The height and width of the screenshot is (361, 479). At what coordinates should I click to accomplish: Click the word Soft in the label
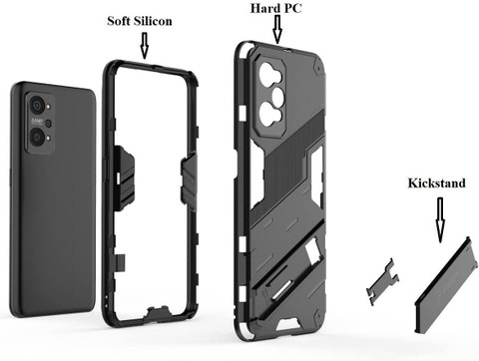[118, 21]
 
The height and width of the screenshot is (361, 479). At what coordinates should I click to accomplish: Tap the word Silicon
[153, 21]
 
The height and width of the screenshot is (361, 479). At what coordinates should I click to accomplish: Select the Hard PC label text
[275, 8]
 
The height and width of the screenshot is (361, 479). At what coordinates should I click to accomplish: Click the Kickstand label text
[436, 183]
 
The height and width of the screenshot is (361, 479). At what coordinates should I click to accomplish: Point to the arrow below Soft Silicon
[144, 46]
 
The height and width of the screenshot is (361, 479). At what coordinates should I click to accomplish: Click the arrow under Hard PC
[277, 29]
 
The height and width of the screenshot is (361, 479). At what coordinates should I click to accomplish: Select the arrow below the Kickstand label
[440, 219]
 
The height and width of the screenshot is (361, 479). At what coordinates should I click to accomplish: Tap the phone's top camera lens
[37, 106]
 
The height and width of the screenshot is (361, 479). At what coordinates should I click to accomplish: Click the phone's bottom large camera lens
[36, 137]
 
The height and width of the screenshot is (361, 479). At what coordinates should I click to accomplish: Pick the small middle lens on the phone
[48, 124]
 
